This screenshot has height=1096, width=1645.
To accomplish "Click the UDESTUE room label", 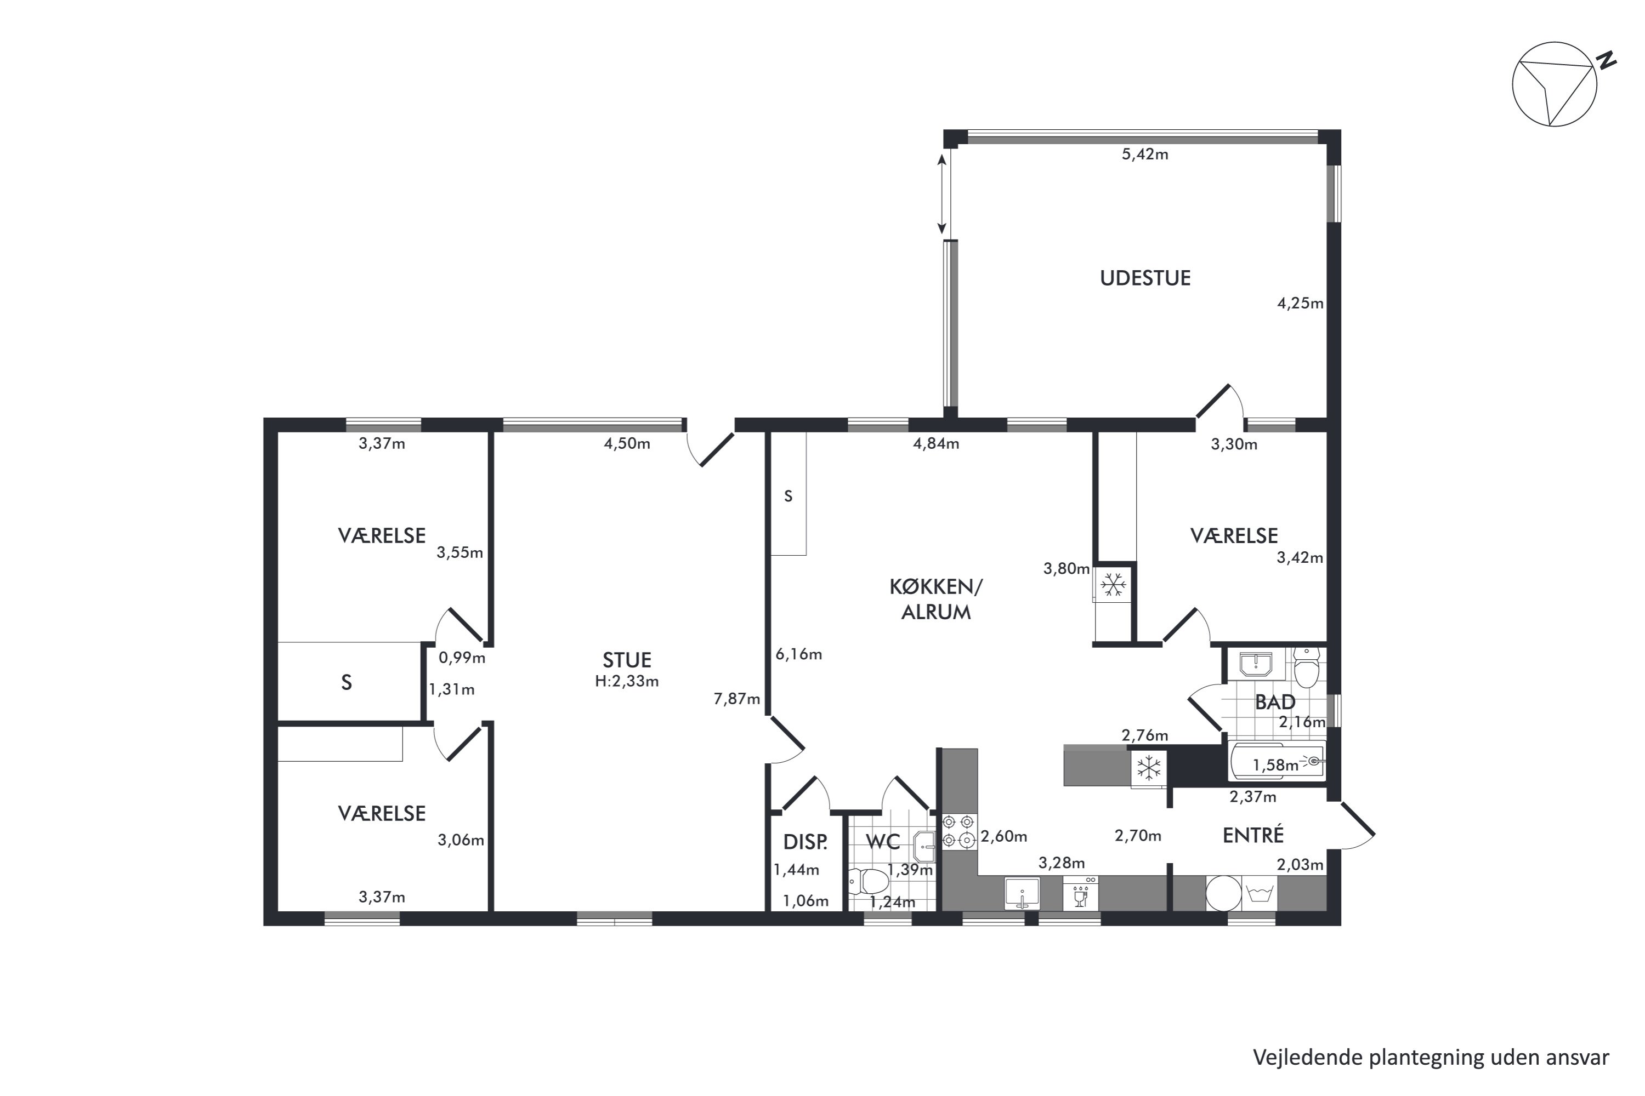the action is [x=1145, y=278].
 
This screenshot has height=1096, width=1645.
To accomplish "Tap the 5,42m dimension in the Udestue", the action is [x=1145, y=155].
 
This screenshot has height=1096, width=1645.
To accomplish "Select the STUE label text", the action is [x=627, y=660].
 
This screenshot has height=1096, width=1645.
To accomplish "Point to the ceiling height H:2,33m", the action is [x=627, y=681].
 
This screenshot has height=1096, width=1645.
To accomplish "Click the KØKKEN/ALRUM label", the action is [x=936, y=599].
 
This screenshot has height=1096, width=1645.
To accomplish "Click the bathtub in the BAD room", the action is [x=1277, y=761].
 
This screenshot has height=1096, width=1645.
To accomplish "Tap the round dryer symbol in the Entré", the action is [x=1223, y=893].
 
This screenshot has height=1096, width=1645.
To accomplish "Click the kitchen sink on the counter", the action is [x=1022, y=893].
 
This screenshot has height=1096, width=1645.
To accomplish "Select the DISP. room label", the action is [x=805, y=842].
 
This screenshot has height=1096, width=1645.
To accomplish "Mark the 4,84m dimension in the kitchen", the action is [x=936, y=444].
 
